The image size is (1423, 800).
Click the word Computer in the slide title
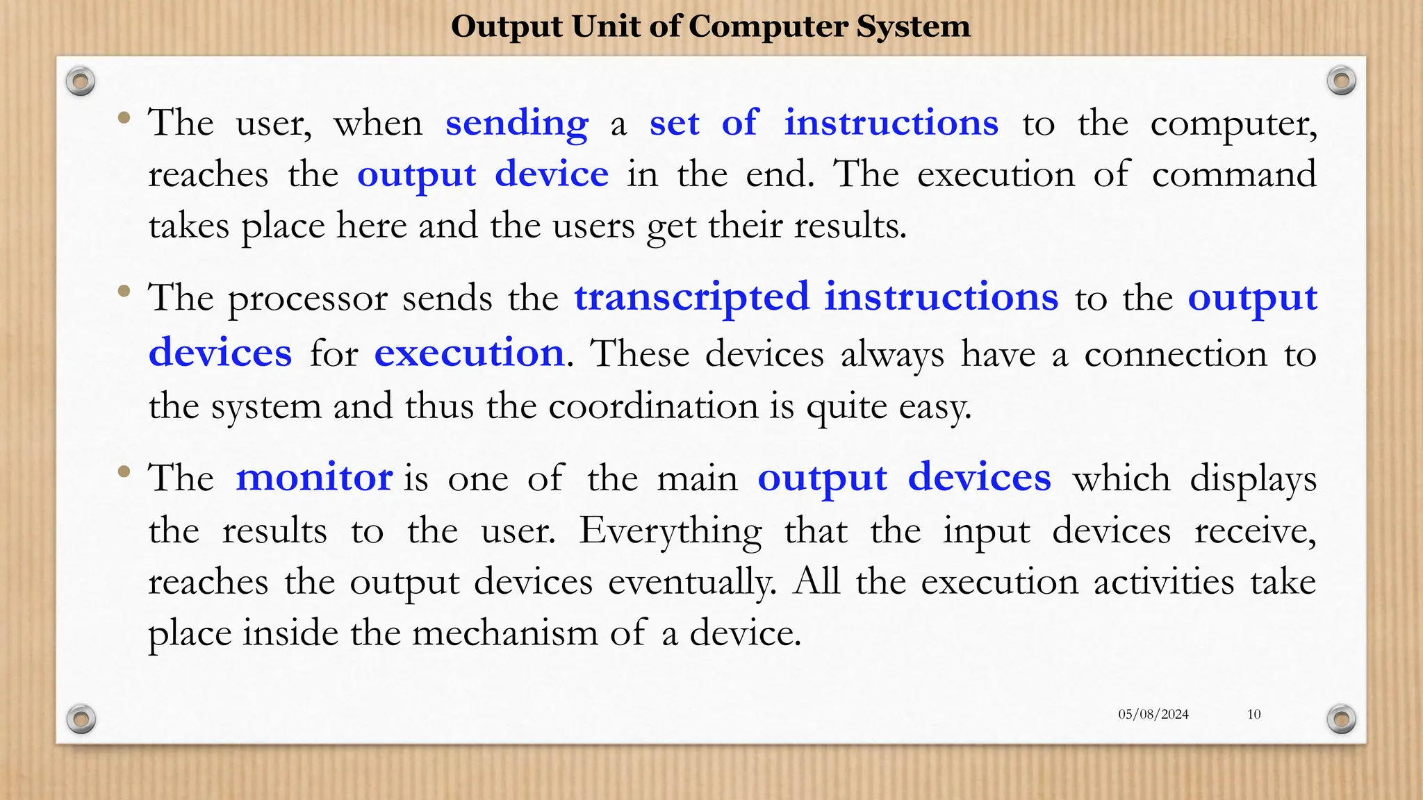[x=768, y=26]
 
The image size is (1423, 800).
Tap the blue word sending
[x=517, y=124]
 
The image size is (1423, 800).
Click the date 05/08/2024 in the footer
[x=1153, y=714]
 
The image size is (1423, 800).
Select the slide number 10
[x=1253, y=714]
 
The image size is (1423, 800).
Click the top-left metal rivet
[x=81, y=82]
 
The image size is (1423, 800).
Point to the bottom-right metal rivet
[x=1341, y=719]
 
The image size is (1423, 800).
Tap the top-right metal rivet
[x=1341, y=81]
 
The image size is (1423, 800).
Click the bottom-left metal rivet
[x=81, y=719]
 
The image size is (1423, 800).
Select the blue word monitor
[x=314, y=478]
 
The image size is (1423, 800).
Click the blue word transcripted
[x=691, y=297]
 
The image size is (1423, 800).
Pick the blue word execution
[x=469, y=353]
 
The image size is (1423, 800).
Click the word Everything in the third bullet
[x=671, y=532]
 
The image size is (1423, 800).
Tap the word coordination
[x=653, y=406]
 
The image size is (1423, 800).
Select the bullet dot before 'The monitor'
[x=124, y=472]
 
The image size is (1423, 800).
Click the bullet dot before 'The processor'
[x=124, y=292]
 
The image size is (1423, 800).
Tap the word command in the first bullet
[x=1234, y=174]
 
